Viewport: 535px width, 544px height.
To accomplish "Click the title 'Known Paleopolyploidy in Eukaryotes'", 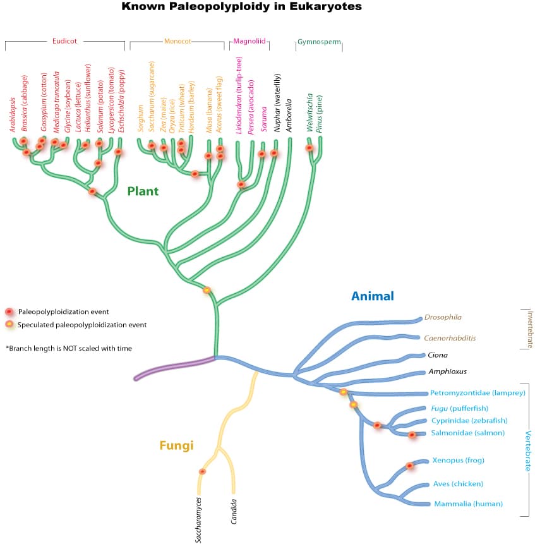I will click(x=241, y=7).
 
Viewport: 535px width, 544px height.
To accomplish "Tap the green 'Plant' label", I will click(x=143, y=191).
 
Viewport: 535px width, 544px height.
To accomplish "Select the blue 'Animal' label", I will click(x=373, y=296).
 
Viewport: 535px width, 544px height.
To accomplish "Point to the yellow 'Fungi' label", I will click(x=176, y=445).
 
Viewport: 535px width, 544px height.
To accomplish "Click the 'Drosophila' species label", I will click(x=443, y=317).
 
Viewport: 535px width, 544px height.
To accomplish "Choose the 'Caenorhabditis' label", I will click(x=450, y=338).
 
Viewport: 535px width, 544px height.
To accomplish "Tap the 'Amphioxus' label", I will click(x=447, y=372).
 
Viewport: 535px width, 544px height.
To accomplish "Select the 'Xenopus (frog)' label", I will click(x=458, y=460).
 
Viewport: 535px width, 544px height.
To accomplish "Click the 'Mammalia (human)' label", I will click(x=468, y=504).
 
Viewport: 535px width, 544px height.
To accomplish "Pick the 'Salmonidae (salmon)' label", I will click(x=467, y=433).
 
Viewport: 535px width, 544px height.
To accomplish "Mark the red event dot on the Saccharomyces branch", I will click(x=202, y=471).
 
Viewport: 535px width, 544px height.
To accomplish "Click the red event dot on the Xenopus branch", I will click(x=409, y=466).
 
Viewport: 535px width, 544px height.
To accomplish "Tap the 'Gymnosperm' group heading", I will click(x=319, y=42).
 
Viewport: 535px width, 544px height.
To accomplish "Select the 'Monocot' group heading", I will click(x=177, y=42).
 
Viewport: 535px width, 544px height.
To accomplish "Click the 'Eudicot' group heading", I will click(x=64, y=42).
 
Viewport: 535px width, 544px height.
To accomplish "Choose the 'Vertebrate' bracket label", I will click(x=528, y=450).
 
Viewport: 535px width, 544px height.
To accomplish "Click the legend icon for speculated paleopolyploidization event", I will click(x=9, y=325).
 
